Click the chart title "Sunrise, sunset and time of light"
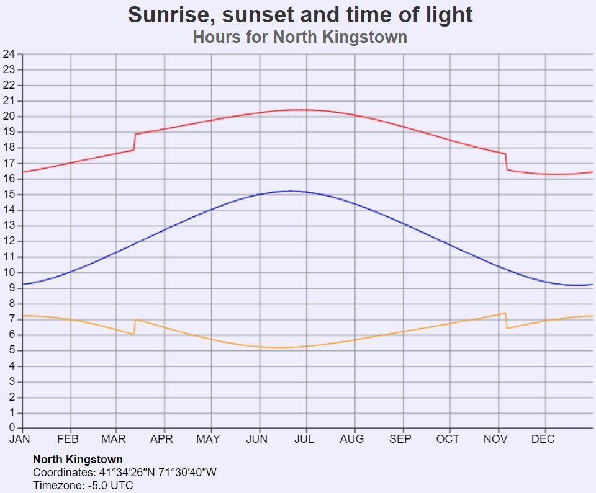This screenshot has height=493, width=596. point(300,15)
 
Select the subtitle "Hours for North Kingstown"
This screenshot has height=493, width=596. point(300,37)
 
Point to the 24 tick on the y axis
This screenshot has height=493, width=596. point(9,54)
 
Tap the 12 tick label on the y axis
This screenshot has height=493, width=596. point(9,241)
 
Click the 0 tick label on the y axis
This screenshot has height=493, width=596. point(12,427)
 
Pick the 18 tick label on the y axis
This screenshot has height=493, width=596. point(9,148)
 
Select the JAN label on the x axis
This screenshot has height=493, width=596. point(20,439)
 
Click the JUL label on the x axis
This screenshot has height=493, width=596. point(304,439)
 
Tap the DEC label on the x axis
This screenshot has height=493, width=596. point(543,439)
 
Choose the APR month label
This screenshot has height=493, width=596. point(161,439)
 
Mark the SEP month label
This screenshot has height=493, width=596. point(400,439)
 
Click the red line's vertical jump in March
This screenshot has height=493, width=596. point(135,142)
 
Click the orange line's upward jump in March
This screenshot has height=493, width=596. point(134,327)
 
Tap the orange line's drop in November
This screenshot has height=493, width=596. point(507,321)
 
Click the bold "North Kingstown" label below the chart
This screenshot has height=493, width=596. point(78,460)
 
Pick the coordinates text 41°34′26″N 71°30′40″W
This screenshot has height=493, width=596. point(158,473)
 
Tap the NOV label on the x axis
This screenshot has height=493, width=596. point(495,439)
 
